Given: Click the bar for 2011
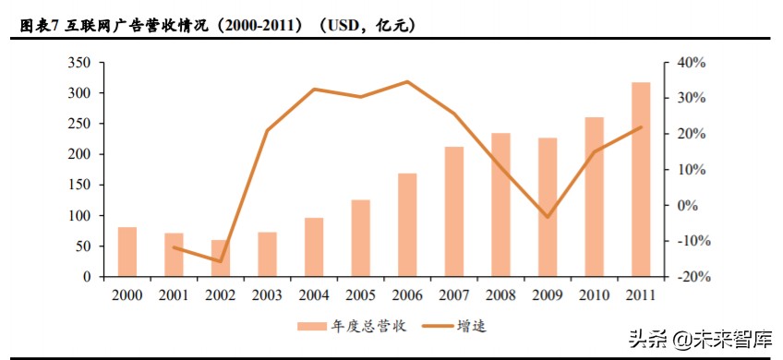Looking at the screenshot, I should pos(641,179).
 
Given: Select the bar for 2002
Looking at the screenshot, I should pos(220,258).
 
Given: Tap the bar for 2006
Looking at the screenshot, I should pos(407,225).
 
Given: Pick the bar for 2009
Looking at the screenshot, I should pos(548,208).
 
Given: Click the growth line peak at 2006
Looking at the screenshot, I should pos(407,82).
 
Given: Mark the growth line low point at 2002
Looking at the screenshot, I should pos(220,261).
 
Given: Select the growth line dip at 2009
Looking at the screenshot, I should pos(548,217).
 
